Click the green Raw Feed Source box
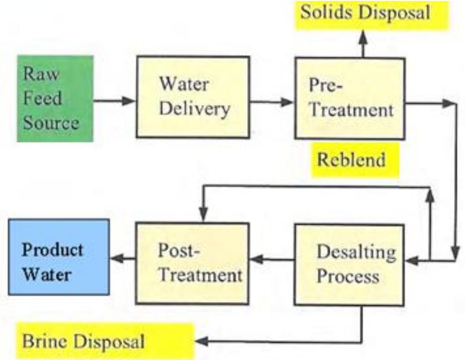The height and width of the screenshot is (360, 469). pos(55,98)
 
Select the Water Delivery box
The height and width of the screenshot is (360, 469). pos(193,97)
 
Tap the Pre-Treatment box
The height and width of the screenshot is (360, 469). pos(349,98)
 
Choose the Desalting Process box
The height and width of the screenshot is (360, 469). pos(349,264)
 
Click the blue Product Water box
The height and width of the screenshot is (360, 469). pos(59,257)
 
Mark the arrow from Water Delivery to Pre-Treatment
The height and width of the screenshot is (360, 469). pos(272,102)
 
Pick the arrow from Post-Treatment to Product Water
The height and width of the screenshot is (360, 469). pos(123,259)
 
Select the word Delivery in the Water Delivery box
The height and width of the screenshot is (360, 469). pos(195,109)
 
